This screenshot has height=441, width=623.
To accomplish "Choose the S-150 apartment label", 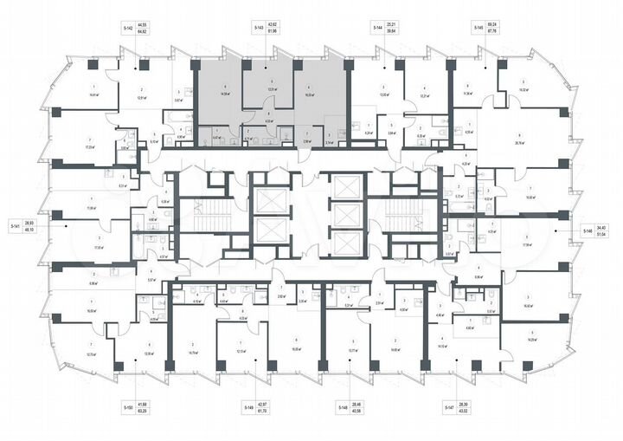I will click(x=127, y=406).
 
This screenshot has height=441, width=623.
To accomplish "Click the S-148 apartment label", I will click(x=342, y=406).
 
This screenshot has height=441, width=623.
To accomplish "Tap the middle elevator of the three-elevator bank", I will click(x=347, y=217).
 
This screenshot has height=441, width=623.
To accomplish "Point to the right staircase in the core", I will click(x=401, y=217).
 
